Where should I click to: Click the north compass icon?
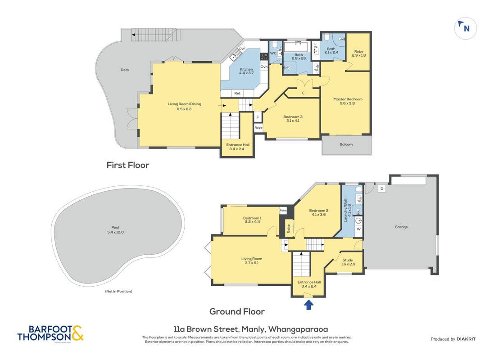[x=465, y=28]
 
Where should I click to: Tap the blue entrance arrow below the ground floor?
[x=308, y=305]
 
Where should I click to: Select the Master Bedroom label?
[x=348, y=101]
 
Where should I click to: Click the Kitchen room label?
[x=246, y=71]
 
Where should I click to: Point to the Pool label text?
[x=115, y=229]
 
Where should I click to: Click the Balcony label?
[x=346, y=144]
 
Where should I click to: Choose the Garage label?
[x=401, y=227]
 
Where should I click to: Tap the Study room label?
[x=348, y=262]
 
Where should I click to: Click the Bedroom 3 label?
[x=293, y=119]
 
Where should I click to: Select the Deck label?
[x=125, y=70]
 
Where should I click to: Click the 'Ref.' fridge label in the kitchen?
[x=238, y=93]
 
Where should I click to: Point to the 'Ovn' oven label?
[x=264, y=67]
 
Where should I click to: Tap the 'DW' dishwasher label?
[x=242, y=49]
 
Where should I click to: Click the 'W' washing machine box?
[x=358, y=229]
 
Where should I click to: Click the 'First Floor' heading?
[x=127, y=165]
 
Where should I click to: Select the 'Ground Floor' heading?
[x=237, y=311]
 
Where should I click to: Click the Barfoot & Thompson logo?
[x=50, y=333]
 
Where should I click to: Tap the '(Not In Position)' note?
[x=118, y=291]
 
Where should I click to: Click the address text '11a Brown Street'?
[x=206, y=329]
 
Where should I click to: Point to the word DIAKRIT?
[x=466, y=339]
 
